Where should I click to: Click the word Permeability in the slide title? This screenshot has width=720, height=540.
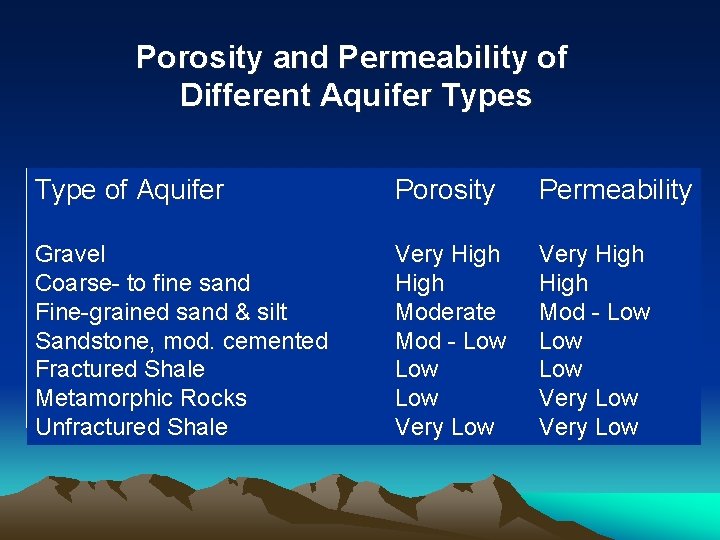point(433,58)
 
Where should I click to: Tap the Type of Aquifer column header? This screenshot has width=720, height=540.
point(129,190)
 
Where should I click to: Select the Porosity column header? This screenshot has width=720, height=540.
point(445,190)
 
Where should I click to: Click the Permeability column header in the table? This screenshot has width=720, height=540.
point(615,190)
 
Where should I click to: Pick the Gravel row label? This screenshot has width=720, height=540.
point(70,254)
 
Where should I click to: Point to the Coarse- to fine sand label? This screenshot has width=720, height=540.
point(142,283)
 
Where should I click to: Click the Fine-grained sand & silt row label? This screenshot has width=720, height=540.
point(161,312)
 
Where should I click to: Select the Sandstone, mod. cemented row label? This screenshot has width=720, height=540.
point(181,341)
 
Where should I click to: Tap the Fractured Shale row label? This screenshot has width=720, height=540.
point(119,369)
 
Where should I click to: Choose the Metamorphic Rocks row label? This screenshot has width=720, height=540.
point(140,398)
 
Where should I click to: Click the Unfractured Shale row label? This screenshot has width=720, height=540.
point(131,427)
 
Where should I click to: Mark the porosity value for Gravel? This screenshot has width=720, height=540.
point(447,254)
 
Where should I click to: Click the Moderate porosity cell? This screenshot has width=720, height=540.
point(445,312)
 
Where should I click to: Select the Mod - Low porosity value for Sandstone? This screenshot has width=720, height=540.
point(450,341)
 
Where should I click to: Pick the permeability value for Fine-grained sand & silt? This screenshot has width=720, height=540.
point(594,312)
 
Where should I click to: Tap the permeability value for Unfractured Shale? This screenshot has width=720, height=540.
point(588,427)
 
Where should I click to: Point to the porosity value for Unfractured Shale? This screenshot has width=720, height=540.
point(444,427)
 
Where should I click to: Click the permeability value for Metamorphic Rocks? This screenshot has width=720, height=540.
point(588,398)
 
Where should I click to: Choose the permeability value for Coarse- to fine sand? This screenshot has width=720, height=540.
point(563,283)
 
